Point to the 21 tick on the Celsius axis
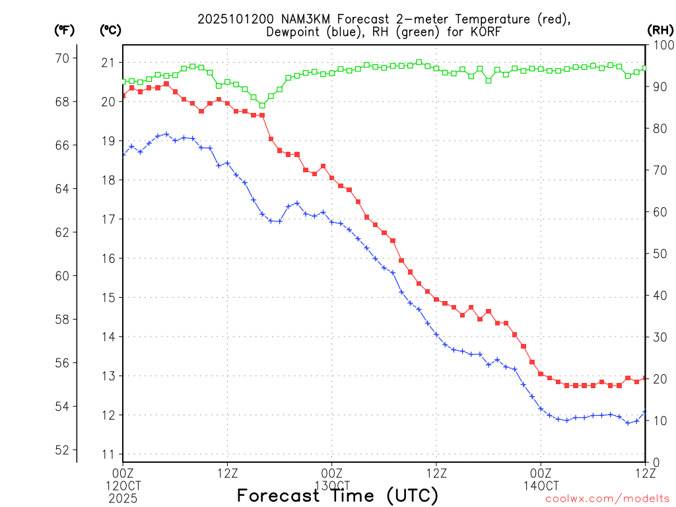pos(108,63)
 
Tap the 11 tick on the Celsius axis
pos(108,454)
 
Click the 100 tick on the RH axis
pos(661,45)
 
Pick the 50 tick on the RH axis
pos(660,253)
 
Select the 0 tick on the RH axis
pos(656,462)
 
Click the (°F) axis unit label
pos(64,30)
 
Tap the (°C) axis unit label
pos(110,30)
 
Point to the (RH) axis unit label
pos(661,30)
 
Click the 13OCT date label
pos(332,485)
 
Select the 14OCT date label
pos(541,485)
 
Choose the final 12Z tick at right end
pos(645,473)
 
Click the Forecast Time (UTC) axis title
pos(337,495)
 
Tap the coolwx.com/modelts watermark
pos(607,498)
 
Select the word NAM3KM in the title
pos(298,19)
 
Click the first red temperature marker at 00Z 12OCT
pos(123,95)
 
